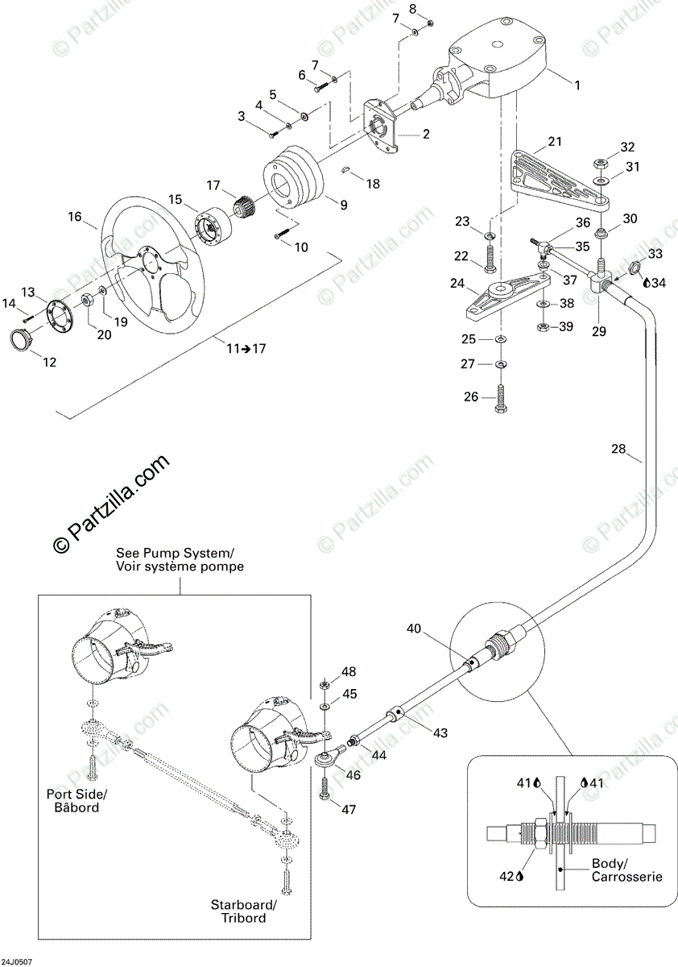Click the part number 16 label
[75, 216]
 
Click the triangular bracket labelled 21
[560, 181]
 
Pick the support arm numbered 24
[508, 295]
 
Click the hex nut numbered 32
[600, 164]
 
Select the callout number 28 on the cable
[618, 449]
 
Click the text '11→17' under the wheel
[246, 348]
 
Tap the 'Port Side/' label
[76, 795]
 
